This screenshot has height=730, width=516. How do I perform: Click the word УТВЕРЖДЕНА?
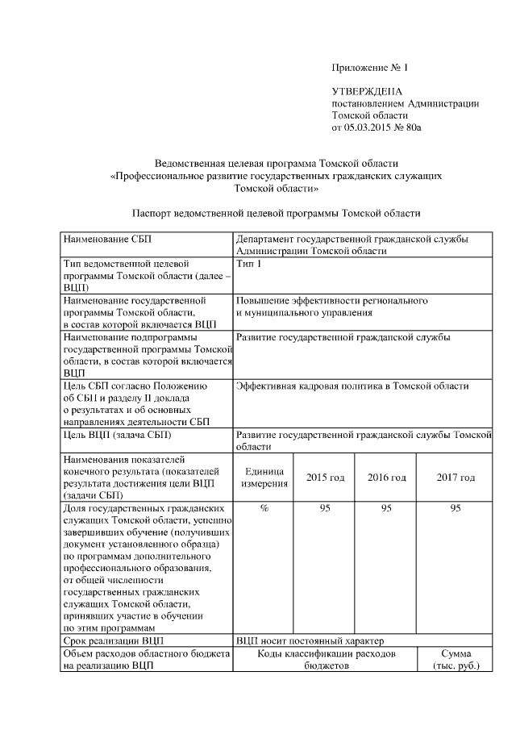[x=367, y=92]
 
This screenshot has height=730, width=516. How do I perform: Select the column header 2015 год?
[x=325, y=478]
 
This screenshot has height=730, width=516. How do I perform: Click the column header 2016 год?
[x=386, y=478]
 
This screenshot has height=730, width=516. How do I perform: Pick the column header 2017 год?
[x=456, y=478]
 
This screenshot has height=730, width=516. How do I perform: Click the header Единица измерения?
[x=264, y=478]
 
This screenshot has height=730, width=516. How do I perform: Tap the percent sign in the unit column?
[x=264, y=509]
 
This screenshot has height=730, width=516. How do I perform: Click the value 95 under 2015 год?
[x=325, y=509]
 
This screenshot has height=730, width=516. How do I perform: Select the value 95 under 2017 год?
[x=456, y=509]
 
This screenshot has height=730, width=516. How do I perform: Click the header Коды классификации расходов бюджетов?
[x=326, y=660]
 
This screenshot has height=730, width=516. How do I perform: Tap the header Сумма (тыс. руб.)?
[x=456, y=660]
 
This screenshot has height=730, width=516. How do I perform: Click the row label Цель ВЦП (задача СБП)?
[x=116, y=435]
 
